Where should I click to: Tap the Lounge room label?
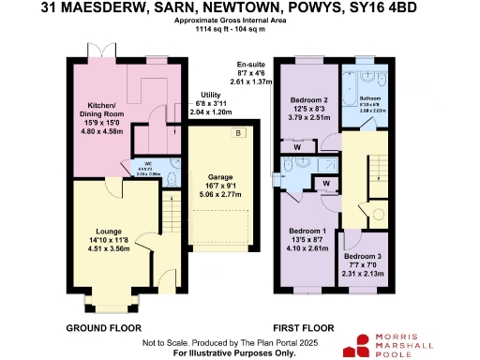pos(110,229)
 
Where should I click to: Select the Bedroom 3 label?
pos(362,256)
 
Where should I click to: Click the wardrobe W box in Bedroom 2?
pos(296,145)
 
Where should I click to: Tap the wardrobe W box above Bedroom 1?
pos(327,182)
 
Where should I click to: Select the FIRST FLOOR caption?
pos(304,328)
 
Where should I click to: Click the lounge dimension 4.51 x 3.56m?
pos(110,248)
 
